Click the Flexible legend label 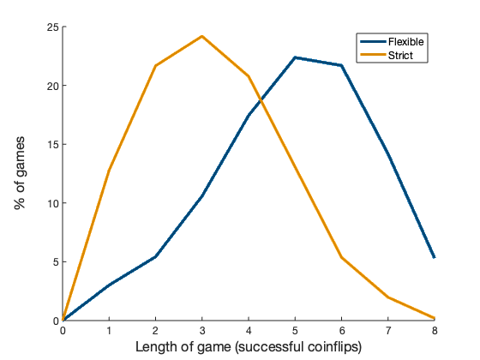[x=405, y=41]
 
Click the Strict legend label [x=399, y=55]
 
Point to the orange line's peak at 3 [x=202, y=36]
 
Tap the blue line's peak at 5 [x=295, y=57]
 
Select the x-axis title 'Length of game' [x=249, y=347]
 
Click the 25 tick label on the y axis [x=52, y=27]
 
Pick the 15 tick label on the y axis [x=52, y=145]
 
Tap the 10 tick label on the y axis [x=52, y=203]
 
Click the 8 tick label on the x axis [x=435, y=331]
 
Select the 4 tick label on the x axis [x=249, y=331]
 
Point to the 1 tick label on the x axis [x=110, y=331]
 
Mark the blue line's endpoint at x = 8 [x=435, y=257]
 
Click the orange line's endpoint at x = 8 [x=435, y=318]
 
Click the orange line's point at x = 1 [x=110, y=170]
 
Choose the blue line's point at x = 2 [x=156, y=256]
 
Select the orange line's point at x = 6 [x=342, y=257]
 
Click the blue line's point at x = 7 [x=388, y=154]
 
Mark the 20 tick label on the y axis [x=52, y=86]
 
